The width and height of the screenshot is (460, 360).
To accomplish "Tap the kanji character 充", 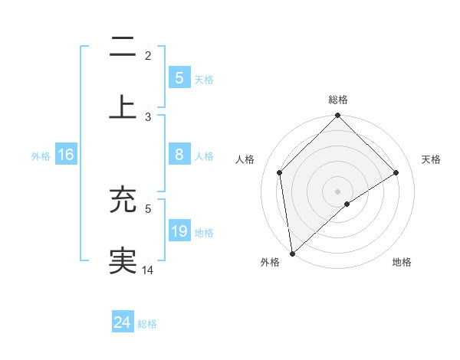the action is point(123,200).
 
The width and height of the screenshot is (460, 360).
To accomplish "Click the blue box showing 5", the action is point(179,77).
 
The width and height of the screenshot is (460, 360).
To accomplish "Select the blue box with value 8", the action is point(179,155).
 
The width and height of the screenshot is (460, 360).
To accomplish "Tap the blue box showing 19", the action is point(179,231).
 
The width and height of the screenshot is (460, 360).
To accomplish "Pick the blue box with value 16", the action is point(66,155).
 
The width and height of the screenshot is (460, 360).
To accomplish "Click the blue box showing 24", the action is point(122,322).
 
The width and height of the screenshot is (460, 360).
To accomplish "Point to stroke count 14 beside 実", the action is point(149,270).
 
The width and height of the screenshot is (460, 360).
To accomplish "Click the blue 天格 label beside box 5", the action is point(204,80).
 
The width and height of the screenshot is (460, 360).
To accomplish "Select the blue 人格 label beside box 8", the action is point(204,156).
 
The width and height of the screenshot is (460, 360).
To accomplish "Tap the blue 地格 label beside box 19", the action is point(204,232).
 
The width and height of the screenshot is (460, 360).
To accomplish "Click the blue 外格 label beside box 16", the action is point(41,156).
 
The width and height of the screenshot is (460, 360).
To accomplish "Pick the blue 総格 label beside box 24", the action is point(147,324).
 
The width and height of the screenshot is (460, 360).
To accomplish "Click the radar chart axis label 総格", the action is point(338,100).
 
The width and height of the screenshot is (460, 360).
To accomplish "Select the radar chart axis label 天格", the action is point(432,159).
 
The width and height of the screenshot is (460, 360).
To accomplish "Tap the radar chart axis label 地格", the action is point(402,262).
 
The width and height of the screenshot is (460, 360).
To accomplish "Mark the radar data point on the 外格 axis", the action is point(292,254).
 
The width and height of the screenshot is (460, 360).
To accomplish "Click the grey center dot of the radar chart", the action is point(338,191).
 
